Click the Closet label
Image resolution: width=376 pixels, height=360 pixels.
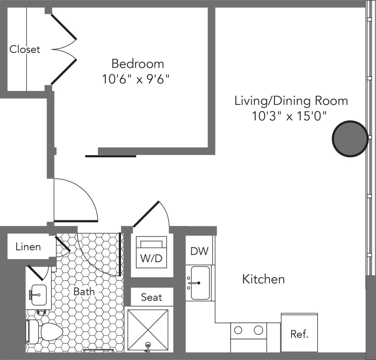pos(25,49)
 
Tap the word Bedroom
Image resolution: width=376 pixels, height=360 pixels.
pos(137,64)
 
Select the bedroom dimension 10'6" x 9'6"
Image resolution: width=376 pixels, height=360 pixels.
pos(136,79)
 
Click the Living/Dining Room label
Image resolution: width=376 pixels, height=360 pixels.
pos(291,101)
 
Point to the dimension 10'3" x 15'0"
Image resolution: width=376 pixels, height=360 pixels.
pos(289,116)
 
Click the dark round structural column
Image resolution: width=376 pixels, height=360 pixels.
pos(350,139)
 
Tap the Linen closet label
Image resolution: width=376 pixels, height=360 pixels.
pos(28,247)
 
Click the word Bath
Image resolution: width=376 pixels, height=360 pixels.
pos(84,291)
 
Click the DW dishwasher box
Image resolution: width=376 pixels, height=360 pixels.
pos(199,251)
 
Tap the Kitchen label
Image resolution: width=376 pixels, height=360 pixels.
pos(263,279)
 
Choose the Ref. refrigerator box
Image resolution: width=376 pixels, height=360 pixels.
pos(299,333)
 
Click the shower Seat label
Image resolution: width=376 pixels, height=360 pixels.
pos(151,297)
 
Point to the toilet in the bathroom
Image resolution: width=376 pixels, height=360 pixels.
pos(48,332)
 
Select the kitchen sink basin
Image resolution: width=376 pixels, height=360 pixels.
pos(200,283)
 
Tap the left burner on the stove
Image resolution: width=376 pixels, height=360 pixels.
pos(238,330)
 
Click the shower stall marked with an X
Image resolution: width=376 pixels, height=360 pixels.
pos(148,330)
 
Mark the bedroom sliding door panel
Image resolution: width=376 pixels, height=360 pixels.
pos(110,156)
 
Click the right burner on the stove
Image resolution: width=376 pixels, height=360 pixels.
pos(258,330)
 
